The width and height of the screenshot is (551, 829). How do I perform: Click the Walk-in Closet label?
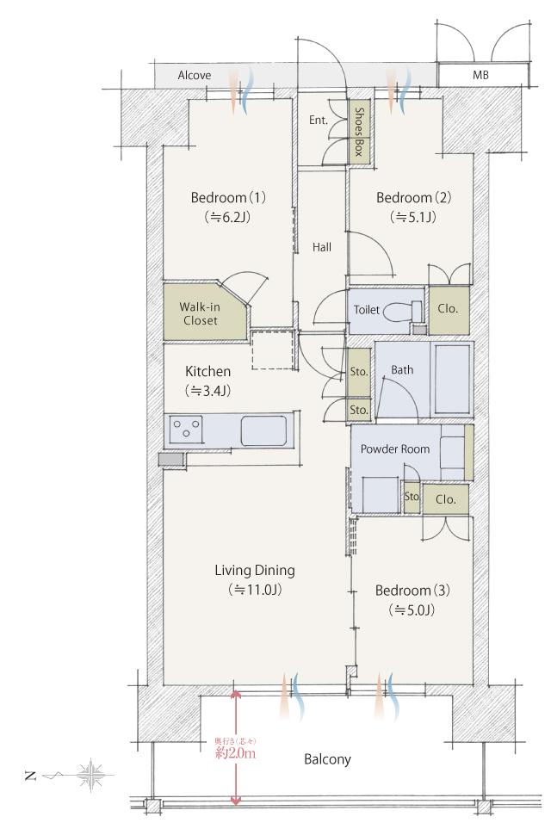pos(198,313)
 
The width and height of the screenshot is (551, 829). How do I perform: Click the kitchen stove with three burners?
pos(187,426)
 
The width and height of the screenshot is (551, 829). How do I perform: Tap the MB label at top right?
pos(480,76)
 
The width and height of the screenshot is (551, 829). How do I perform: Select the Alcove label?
pos(195,76)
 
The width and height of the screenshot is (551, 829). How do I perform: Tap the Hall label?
pos(322,247)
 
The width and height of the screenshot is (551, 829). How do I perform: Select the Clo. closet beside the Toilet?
pos(449,308)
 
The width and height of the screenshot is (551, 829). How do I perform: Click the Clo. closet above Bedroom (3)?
pos(445,498)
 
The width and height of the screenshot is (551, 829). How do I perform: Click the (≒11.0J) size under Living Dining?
pos(255,591)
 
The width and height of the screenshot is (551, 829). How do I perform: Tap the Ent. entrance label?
pos(318,121)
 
